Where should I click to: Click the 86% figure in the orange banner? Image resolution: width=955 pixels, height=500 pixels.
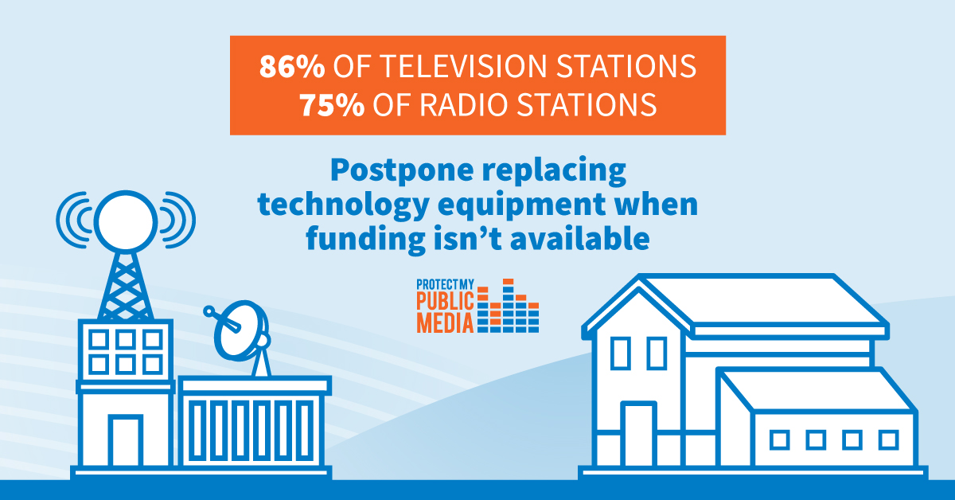tap(292, 66)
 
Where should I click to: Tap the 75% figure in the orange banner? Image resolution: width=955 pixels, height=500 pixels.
tap(332, 104)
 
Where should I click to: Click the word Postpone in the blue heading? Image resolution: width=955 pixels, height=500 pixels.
tap(402, 171)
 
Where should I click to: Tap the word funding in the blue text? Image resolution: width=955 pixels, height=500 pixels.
tap(366, 239)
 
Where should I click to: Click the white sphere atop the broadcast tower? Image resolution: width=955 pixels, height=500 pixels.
tap(126, 221)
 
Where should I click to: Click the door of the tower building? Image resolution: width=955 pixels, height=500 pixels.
tap(126, 441)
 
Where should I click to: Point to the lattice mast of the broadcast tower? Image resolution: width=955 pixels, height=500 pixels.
tap(126, 287)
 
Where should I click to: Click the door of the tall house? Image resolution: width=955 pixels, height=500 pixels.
tap(638, 434)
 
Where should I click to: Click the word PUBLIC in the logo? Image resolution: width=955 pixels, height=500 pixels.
tap(445, 301)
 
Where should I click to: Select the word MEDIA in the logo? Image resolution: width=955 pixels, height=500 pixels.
tap(445, 323)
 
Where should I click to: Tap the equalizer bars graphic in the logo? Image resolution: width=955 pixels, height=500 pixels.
tap(508, 306)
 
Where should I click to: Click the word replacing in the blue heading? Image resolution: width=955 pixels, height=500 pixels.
tap(554, 171)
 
